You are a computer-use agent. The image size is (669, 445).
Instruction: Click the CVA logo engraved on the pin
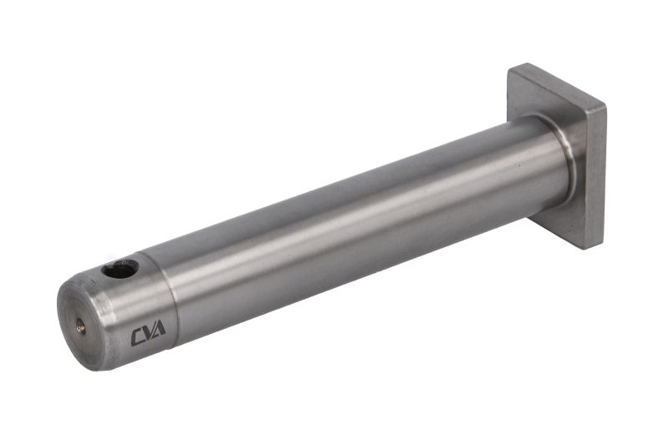tap(148, 332)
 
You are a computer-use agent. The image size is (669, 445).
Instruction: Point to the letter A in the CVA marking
tap(159, 328)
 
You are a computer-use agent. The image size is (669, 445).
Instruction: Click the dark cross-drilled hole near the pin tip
tap(120, 269)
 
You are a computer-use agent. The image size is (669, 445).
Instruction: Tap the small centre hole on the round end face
tap(81, 326)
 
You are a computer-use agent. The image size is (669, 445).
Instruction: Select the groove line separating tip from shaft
tap(169, 298)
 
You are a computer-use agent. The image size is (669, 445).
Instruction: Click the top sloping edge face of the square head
tap(557, 87)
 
